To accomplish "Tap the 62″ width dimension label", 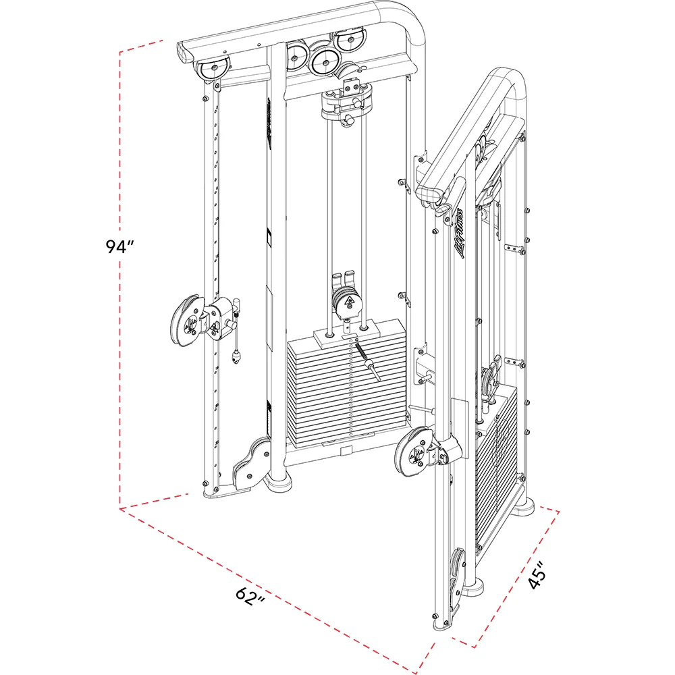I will pyautogui.click(x=250, y=595).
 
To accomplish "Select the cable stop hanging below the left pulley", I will pyautogui.click(x=236, y=356).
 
